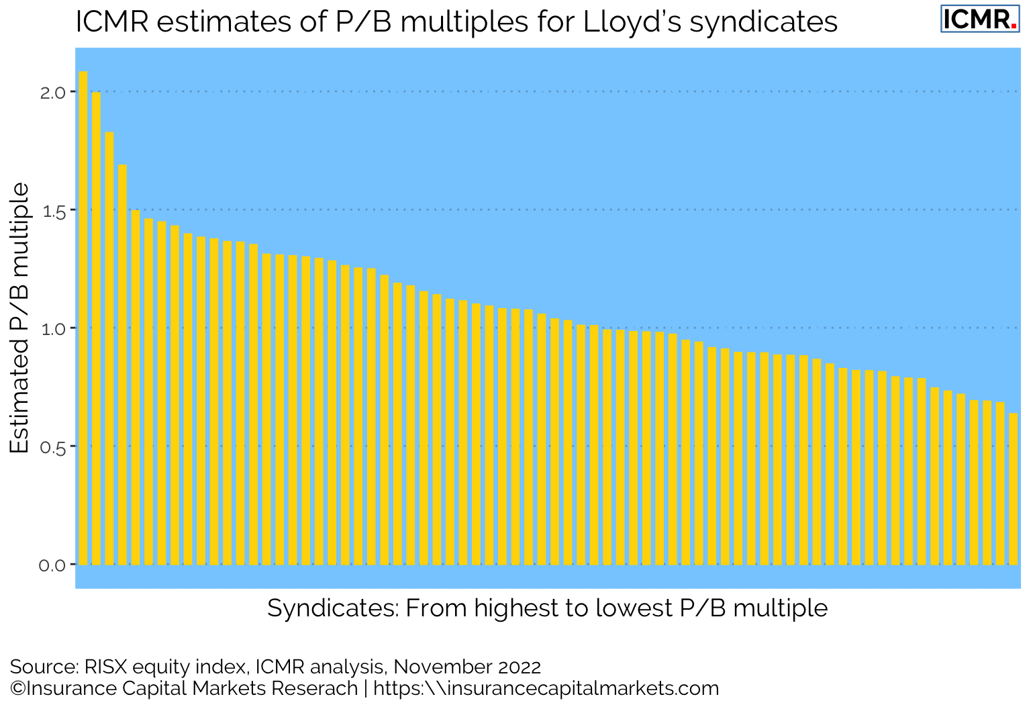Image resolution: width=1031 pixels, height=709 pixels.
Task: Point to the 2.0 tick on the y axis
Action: click(53, 92)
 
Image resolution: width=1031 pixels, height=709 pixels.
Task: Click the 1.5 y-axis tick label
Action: click(53, 210)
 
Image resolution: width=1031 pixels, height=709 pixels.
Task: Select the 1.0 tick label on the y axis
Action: click(53, 328)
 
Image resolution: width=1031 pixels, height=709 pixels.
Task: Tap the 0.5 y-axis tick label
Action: click(53, 446)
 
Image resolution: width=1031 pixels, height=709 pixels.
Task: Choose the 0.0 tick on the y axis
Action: click(53, 565)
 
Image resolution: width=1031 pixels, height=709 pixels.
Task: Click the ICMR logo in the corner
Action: click(979, 19)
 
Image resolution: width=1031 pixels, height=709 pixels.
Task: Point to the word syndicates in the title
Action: click(764, 22)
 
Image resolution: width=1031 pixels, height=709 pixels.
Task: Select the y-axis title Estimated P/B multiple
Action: click(20, 318)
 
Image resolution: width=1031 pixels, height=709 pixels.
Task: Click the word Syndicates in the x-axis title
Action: click(333, 608)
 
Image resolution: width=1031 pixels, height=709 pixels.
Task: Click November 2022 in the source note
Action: click(467, 667)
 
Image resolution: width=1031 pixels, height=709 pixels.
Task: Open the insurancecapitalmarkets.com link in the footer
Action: click(546, 688)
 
